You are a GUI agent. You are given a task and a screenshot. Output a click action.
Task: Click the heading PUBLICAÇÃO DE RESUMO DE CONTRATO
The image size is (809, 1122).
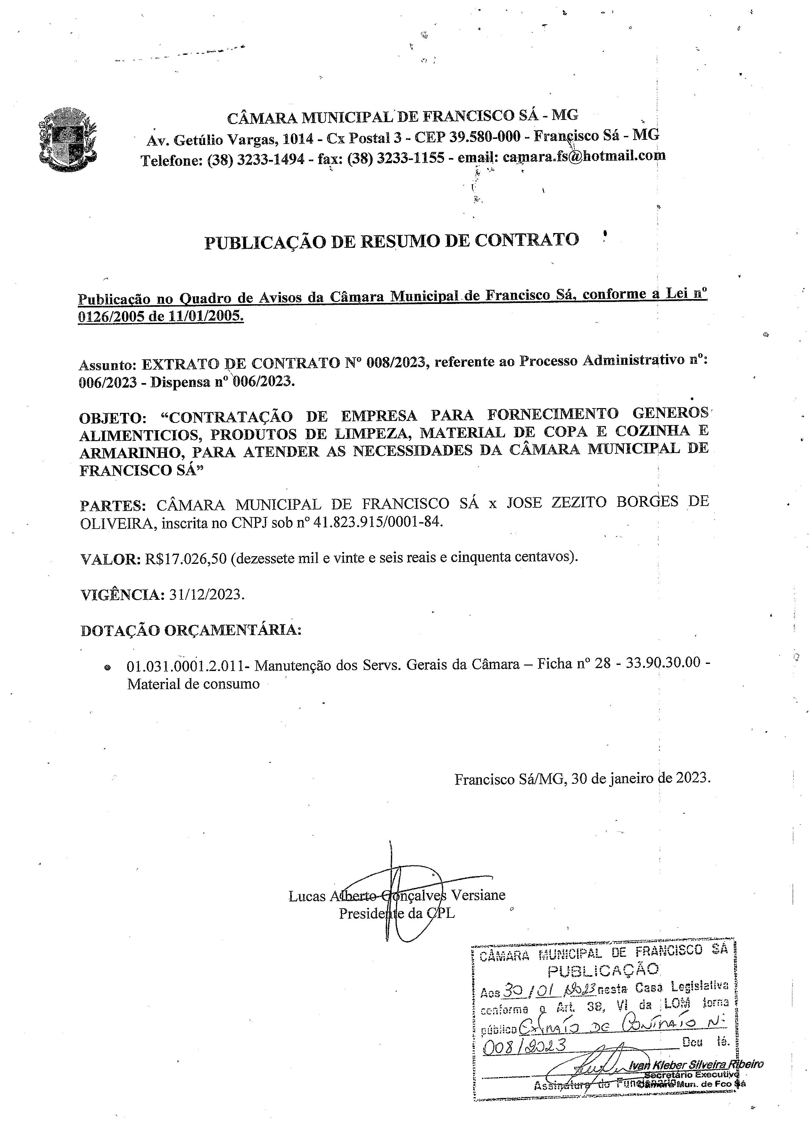(391, 241)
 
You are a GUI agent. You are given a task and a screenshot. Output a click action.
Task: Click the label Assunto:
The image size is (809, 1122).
(107, 365)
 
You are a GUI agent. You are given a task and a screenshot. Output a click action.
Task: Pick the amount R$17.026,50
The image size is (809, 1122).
(186, 558)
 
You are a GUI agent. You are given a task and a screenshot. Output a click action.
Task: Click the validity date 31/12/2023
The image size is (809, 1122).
(206, 594)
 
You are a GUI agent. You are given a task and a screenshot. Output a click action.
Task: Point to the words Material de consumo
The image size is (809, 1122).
(193, 684)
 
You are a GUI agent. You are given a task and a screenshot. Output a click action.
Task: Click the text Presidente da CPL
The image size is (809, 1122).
(396, 913)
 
